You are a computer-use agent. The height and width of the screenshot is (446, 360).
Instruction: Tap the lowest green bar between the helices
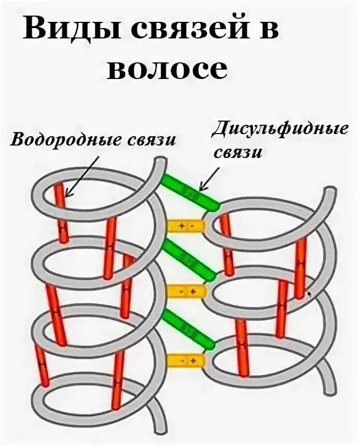(x=188, y=328)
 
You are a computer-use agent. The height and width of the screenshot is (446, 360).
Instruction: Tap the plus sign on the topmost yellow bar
(x=182, y=226)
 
